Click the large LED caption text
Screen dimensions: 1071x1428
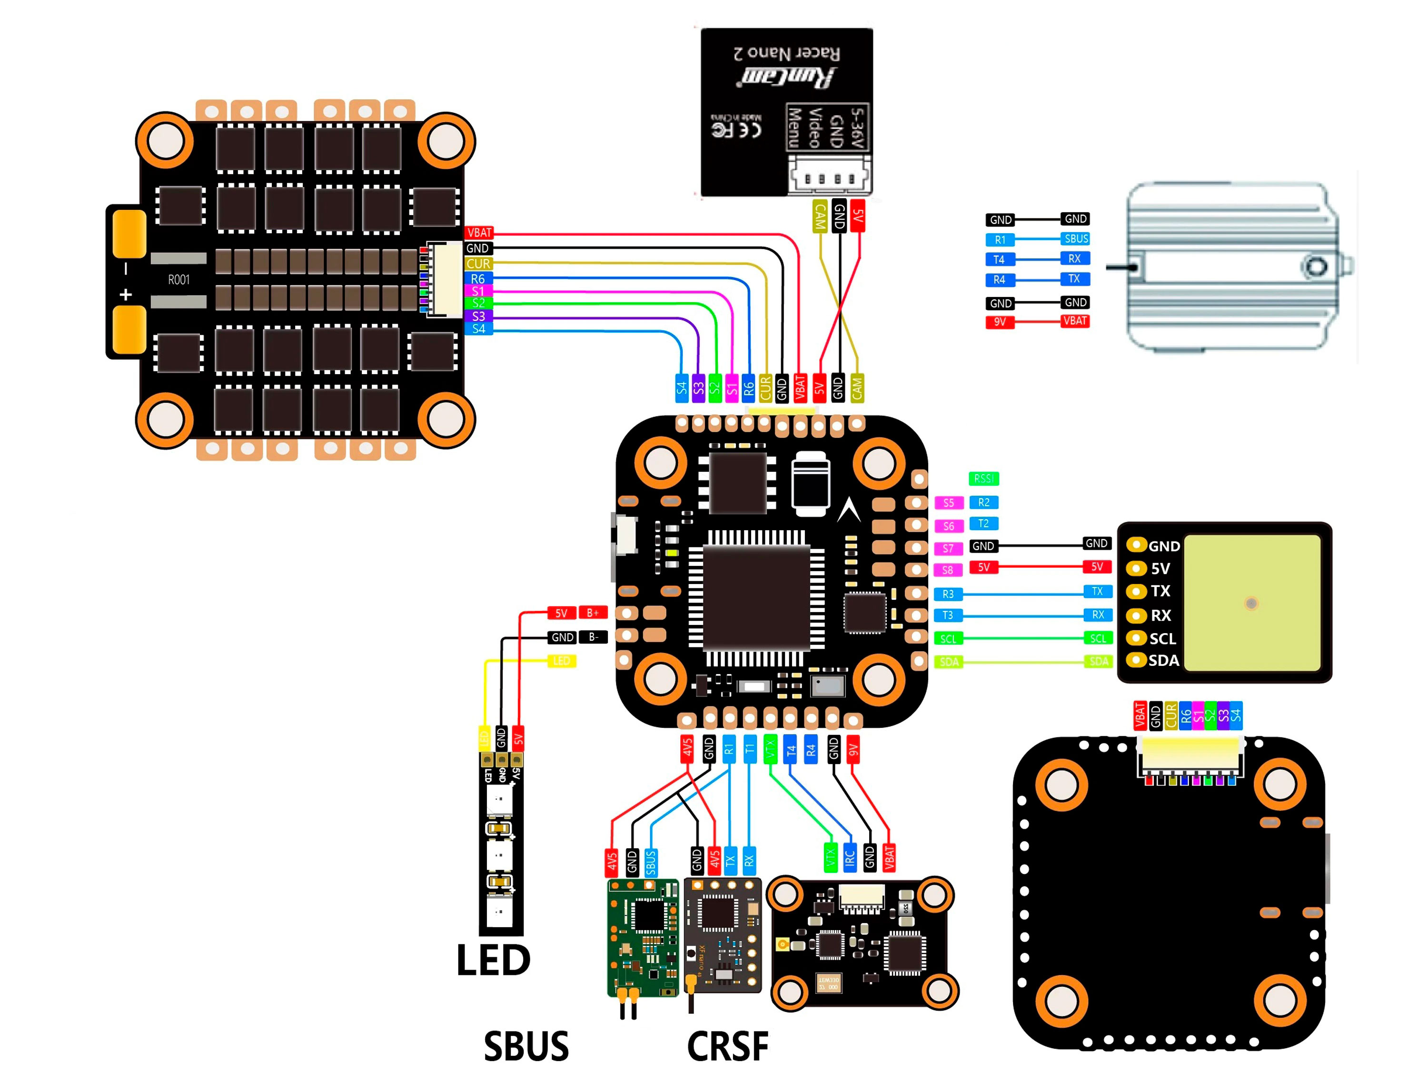tap(493, 960)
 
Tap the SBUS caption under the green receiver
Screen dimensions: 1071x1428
tap(526, 1046)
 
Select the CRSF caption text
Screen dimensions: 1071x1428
tap(727, 1046)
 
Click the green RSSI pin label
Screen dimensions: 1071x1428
tap(983, 478)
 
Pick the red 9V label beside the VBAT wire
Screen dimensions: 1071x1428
tap(999, 321)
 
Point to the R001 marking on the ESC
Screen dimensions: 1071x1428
tap(179, 279)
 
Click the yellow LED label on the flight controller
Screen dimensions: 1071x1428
tap(561, 660)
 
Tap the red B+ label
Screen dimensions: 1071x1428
tap(593, 613)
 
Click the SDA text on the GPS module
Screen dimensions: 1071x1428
tap(1163, 660)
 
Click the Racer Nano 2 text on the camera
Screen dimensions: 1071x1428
tap(787, 53)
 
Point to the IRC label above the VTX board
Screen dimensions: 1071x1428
tap(850, 858)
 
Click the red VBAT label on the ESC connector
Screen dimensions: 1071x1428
tap(479, 232)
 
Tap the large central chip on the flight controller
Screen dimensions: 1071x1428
tap(756, 597)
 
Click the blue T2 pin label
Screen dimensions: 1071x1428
tap(983, 524)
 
